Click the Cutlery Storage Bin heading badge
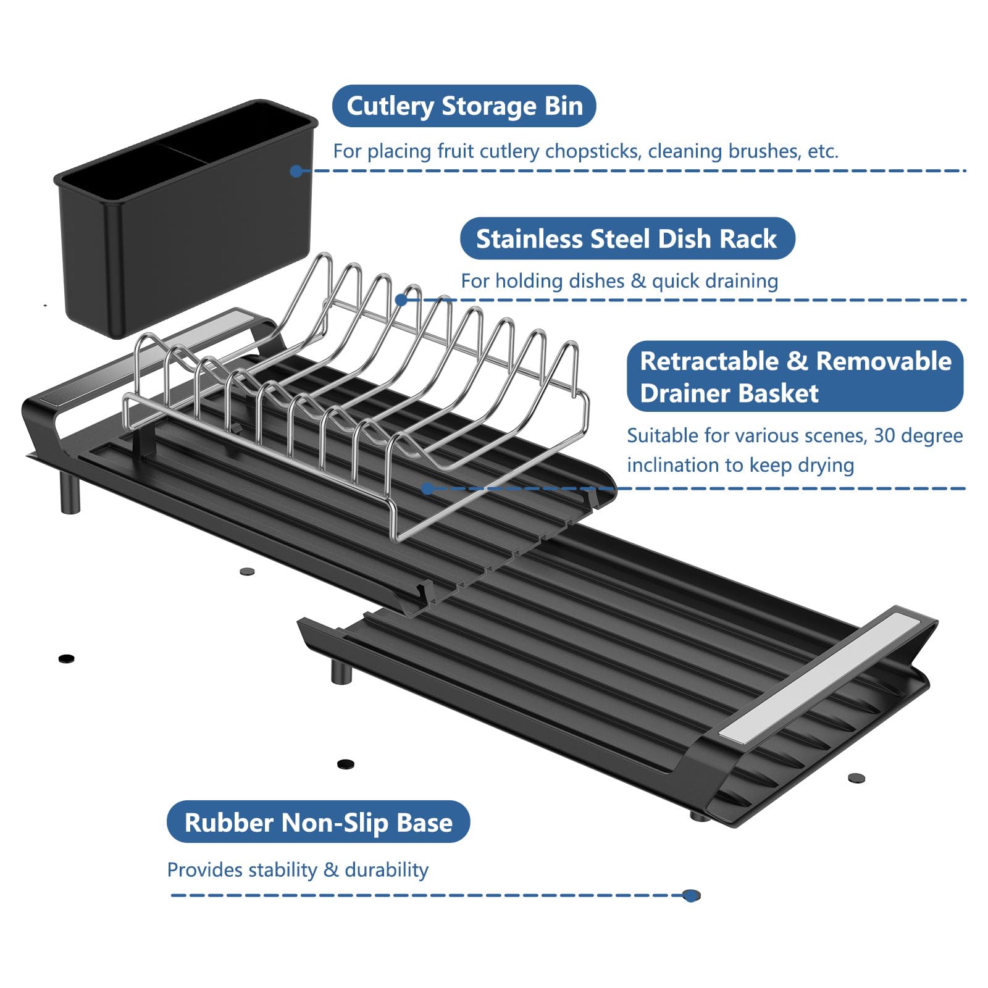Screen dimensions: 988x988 point(464,106)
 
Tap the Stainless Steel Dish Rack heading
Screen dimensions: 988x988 point(627,239)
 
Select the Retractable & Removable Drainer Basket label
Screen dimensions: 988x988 point(795,377)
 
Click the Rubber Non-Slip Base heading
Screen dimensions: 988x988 point(318,823)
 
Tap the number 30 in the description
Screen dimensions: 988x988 point(884,436)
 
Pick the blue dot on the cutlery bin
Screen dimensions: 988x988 point(296,171)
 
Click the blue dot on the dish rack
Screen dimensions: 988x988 point(401,300)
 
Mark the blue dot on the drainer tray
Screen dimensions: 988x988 point(427,489)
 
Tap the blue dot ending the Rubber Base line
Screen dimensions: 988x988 point(692,895)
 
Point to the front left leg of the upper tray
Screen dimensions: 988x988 point(70,494)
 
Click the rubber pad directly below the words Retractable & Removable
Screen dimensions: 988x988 point(856,778)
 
